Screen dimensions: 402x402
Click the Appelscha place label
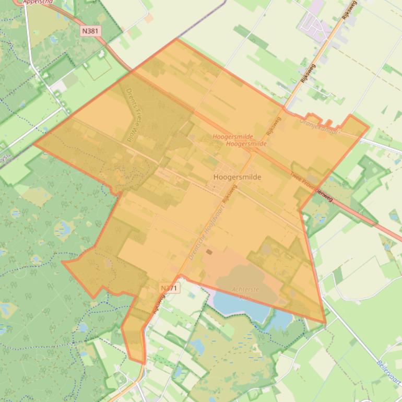[x=38, y=2]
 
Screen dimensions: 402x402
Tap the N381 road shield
[x=90, y=31]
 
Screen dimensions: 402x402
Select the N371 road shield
[x=169, y=288]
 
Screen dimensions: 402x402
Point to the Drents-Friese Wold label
[x=135, y=115]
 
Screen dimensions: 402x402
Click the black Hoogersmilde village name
[x=237, y=177]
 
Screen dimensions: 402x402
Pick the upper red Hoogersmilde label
[x=233, y=137]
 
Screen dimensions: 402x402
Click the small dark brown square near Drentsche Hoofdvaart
[x=209, y=252]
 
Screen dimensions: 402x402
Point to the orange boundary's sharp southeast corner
[x=325, y=323]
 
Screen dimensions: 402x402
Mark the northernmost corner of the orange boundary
[x=177, y=38]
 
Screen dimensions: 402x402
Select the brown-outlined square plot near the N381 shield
[x=98, y=68]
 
